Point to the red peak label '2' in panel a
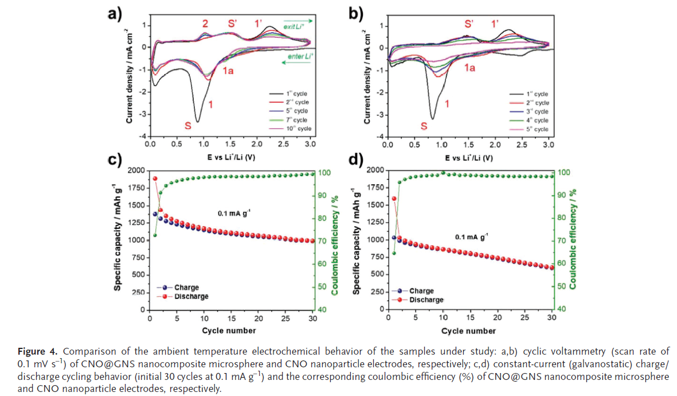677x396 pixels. (x=205, y=24)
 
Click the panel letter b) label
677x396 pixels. (x=360, y=14)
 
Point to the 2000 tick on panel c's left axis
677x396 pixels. (x=136, y=170)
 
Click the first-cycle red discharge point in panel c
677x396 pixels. (x=155, y=178)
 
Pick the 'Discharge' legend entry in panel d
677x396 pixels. (x=426, y=300)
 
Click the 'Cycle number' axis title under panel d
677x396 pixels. (x=468, y=331)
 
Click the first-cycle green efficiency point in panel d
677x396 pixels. (x=394, y=253)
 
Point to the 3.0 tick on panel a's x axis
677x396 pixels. (x=310, y=145)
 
